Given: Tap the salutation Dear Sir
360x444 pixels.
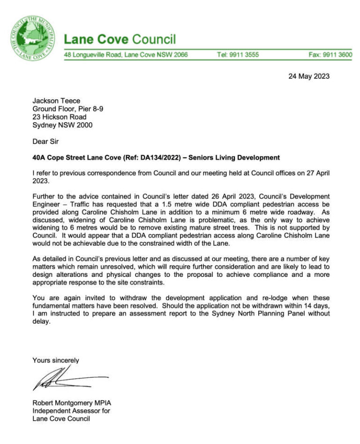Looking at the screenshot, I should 46,141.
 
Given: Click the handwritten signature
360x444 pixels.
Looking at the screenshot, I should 68,378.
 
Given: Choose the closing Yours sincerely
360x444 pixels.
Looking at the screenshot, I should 56,360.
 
